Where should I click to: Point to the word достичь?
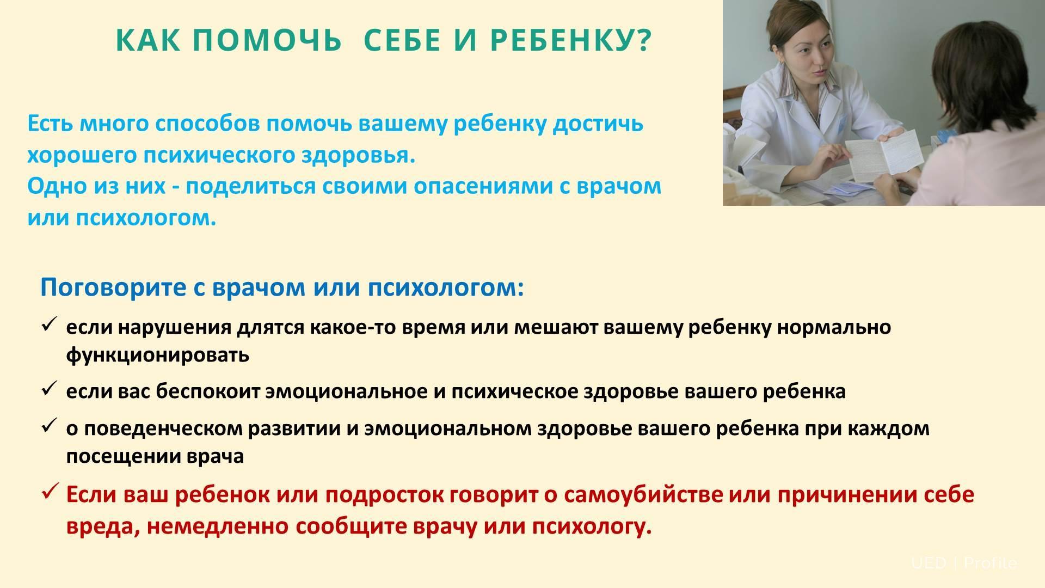[598, 124]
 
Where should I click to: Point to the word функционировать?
[158, 356]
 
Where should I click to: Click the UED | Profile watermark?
[964, 563]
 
